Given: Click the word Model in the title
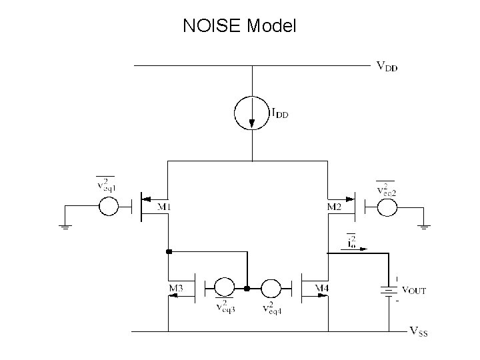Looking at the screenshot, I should [271, 26].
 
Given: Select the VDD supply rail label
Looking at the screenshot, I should [387, 67].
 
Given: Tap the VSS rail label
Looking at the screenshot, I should [417, 331].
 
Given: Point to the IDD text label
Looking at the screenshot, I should [279, 114].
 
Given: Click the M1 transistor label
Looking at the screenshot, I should [163, 207].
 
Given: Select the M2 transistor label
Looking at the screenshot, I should [335, 207].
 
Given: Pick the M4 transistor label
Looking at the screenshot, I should [322, 288].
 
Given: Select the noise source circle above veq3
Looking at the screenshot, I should [223, 288].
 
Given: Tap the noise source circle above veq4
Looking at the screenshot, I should [270, 288].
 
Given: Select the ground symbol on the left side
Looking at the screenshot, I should [65, 225].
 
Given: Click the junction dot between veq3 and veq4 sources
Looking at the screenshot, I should [247, 288].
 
